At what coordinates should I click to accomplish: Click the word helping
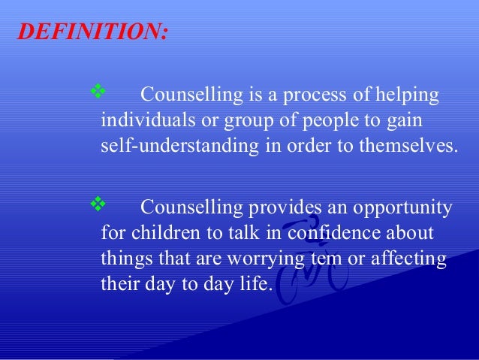(x=405, y=96)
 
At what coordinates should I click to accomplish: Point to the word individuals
(x=143, y=120)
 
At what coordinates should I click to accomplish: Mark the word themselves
(x=410, y=145)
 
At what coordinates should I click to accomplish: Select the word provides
(x=286, y=208)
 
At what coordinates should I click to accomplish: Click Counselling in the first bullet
(x=190, y=96)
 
